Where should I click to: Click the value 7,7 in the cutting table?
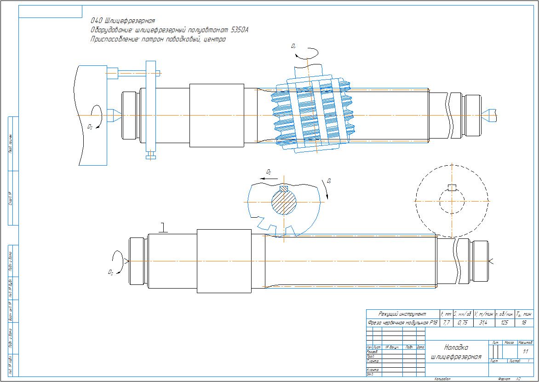coord(446,323)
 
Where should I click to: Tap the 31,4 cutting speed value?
coord(483,323)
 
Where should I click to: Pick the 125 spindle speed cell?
coord(505,323)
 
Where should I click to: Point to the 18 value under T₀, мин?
coord(524,323)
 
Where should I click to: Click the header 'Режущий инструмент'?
coord(402,314)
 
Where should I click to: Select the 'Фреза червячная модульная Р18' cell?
coord(402,323)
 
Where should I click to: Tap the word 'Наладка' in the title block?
coord(456,347)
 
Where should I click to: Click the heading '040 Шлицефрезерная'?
coord(123,21)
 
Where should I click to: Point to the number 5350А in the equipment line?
coord(239,30)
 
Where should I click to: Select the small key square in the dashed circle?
coord(452,187)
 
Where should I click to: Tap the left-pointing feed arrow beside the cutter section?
coord(265,176)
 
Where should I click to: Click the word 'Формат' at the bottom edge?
coord(504,379)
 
